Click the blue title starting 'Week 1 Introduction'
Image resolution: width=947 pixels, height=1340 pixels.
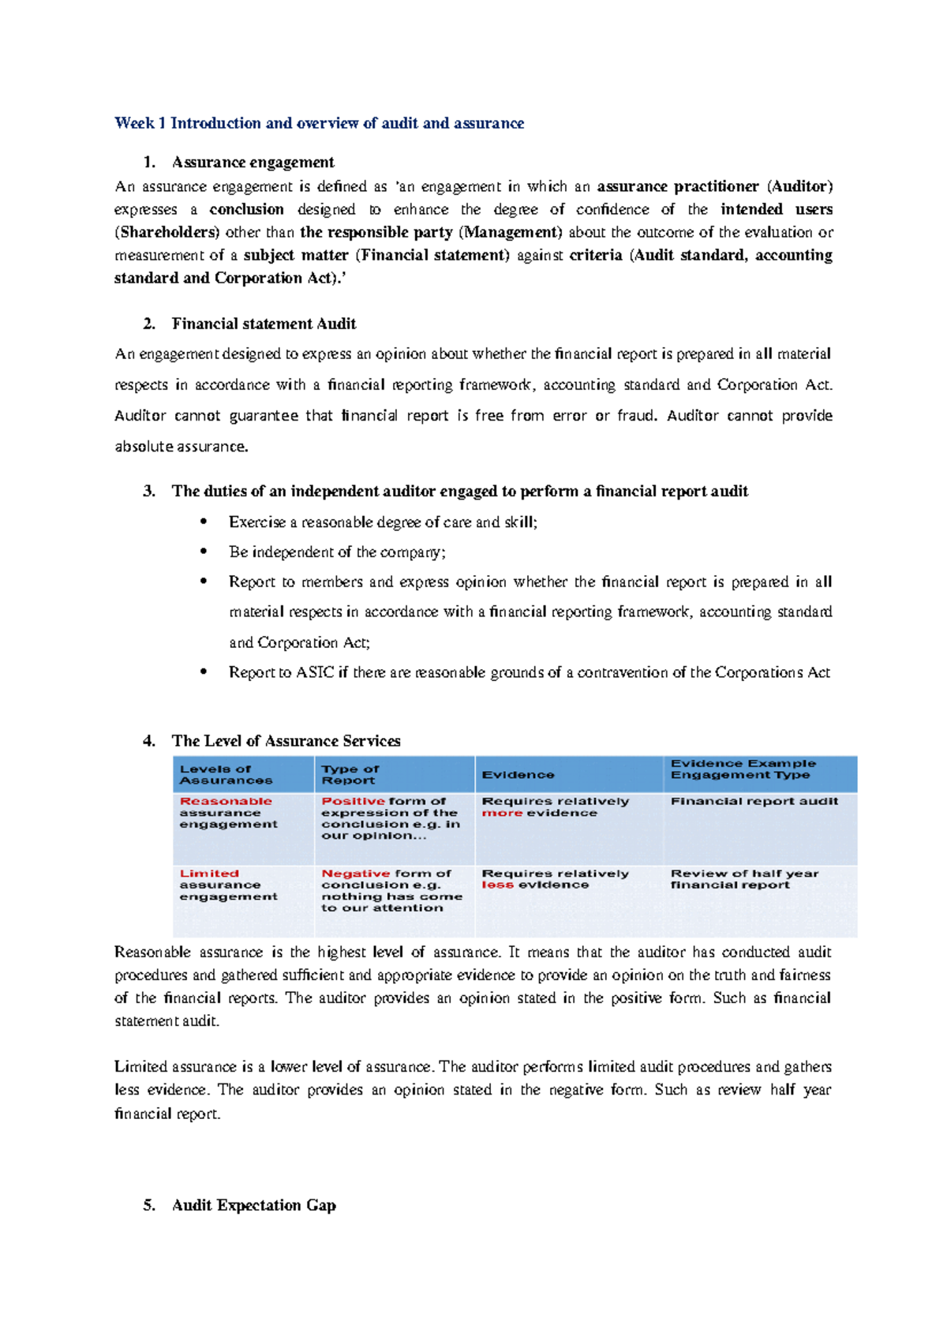click(x=319, y=123)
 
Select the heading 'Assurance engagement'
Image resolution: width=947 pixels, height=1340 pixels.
click(x=253, y=163)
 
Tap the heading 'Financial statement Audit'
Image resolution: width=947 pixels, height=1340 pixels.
click(x=264, y=324)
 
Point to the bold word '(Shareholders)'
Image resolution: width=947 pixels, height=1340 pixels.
click(x=167, y=233)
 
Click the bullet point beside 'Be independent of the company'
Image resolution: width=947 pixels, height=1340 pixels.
click(x=204, y=552)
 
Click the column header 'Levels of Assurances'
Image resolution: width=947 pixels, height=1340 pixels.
click(x=226, y=774)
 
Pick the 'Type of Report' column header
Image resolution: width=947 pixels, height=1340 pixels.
click(x=350, y=774)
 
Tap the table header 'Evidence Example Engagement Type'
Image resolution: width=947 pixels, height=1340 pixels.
click(x=743, y=769)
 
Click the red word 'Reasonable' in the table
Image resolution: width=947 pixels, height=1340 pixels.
click(x=226, y=801)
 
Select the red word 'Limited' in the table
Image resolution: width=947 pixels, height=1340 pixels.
click(x=209, y=874)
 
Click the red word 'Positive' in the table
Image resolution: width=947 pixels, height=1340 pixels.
click(x=353, y=801)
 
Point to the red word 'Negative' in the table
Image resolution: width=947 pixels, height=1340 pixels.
click(x=355, y=874)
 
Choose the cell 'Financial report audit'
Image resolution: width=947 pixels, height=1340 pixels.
click(x=754, y=801)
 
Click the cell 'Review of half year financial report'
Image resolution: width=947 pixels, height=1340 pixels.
click(x=744, y=879)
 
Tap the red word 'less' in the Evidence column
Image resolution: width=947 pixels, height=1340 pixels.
click(x=497, y=885)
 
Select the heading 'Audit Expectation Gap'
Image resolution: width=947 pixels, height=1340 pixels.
click(x=253, y=1205)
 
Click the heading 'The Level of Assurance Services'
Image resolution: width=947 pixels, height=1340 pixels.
click(x=286, y=741)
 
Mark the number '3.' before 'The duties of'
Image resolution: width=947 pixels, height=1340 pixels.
click(x=149, y=492)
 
